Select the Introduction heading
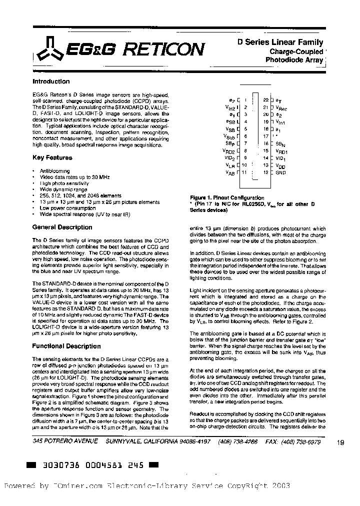point(51,81)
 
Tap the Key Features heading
point(52,157)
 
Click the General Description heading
point(62,227)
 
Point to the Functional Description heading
point(66,346)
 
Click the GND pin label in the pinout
point(281,172)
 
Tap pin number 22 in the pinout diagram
point(265,99)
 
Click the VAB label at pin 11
point(230,172)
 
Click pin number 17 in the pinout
point(265,136)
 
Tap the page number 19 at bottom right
point(341,442)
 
